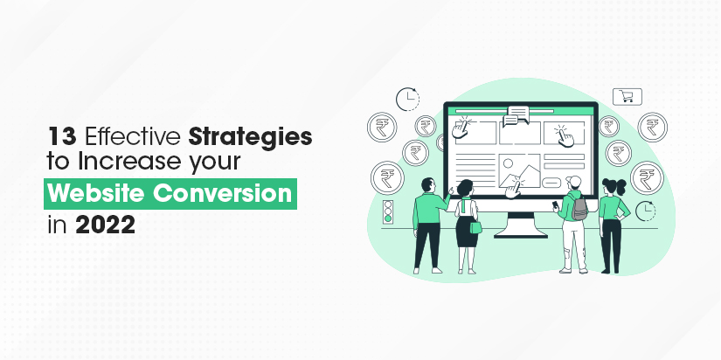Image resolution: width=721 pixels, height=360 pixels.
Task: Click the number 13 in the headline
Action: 61,137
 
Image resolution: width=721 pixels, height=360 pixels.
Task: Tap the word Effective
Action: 134,136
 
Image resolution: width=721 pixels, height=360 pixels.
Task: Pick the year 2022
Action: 105,224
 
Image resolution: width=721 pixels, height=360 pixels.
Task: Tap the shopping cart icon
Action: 627,96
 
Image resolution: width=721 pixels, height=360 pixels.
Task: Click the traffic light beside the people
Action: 389,212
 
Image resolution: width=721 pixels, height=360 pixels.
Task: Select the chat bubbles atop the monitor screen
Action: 516,116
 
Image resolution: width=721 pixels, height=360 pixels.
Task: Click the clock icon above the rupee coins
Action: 407,99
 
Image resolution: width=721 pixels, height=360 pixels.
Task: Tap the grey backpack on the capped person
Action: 579,208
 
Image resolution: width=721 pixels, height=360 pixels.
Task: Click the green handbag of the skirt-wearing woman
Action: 475,226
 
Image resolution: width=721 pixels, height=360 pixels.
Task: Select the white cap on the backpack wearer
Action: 573,181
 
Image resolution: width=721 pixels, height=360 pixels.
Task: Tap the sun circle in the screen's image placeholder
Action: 508,163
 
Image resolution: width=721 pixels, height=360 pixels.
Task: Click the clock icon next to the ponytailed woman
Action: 646,211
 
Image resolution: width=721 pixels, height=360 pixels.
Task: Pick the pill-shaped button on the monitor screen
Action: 551,183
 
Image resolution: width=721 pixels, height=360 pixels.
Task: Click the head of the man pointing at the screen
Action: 428,185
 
